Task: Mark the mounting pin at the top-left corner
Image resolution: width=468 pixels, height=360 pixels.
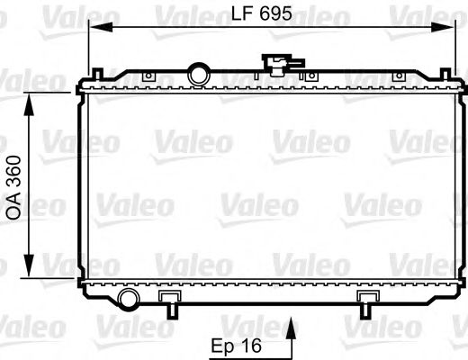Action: pyautogui.click(x=93, y=68)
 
